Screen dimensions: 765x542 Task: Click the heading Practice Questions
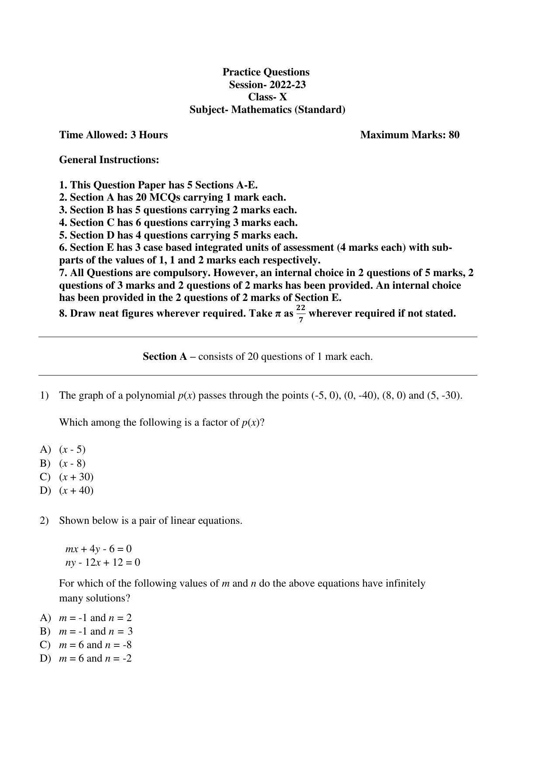pyautogui.click(x=266, y=72)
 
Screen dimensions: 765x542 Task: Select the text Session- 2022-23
pyautogui.click(x=267, y=85)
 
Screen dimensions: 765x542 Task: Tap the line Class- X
pyautogui.click(x=267, y=97)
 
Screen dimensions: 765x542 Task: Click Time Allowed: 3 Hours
pyautogui.click(x=114, y=135)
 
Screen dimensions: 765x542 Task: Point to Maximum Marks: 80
pyautogui.click(x=410, y=135)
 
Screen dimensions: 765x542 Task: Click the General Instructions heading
pyautogui.click(x=109, y=160)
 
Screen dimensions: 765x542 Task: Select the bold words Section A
pyautogui.click(x=165, y=357)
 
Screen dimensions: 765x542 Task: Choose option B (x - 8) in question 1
pyautogui.click(x=72, y=463)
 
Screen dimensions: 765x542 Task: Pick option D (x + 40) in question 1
pyautogui.click(x=76, y=490)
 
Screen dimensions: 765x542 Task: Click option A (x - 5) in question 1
pyautogui.click(x=72, y=449)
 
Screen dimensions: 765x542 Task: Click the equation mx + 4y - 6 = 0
pyautogui.click(x=99, y=549)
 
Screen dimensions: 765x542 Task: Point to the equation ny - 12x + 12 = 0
pyautogui.click(x=103, y=562)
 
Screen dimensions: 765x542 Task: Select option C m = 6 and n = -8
pyautogui.click(x=95, y=645)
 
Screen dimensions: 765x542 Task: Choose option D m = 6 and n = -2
pyautogui.click(x=95, y=658)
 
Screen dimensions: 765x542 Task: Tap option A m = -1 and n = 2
pyautogui.click(x=95, y=618)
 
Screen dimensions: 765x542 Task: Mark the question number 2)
pyautogui.click(x=44, y=521)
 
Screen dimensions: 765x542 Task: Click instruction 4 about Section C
pyautogui.click(x=178, y=222)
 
